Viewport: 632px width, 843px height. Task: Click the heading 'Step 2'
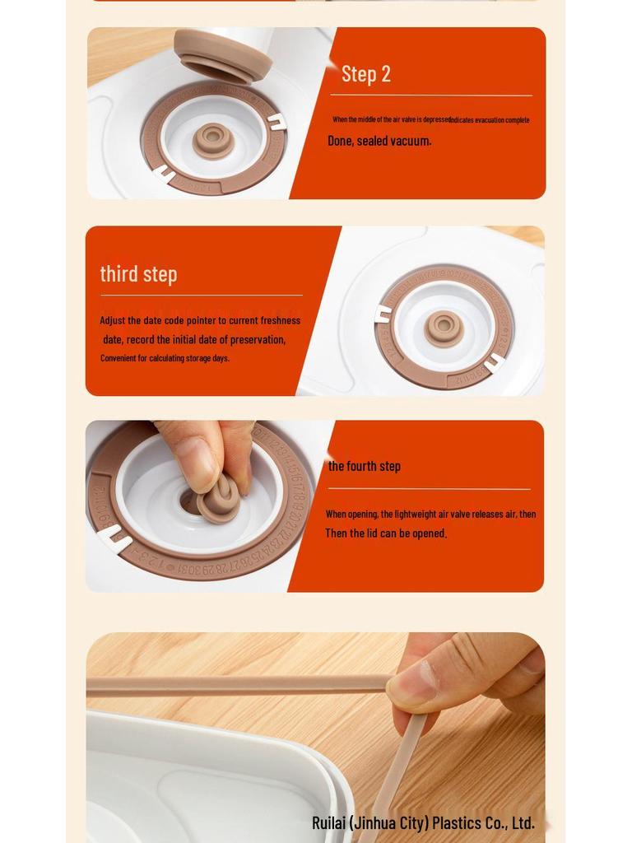coord(366,74)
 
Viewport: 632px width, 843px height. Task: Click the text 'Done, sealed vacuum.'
coord(379,141)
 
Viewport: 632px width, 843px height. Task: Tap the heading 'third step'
coord(138,274)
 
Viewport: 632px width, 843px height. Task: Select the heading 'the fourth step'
coord(365,466)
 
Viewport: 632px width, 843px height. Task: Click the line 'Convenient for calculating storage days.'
coord(165,358)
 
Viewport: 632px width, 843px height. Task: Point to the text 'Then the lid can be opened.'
coord(386,533)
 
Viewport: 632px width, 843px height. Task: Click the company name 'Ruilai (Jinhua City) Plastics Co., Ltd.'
coord(423,822)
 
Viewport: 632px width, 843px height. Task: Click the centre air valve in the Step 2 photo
coord(213,141)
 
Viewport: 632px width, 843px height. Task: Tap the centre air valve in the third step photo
coord(444,328)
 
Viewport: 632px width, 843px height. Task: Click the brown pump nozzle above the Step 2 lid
coord(223,54)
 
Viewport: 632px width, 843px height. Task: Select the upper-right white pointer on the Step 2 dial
coord(276,122)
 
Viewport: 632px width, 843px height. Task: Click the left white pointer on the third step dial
coord(383,314)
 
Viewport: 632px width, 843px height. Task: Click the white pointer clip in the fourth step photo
coord(114,539)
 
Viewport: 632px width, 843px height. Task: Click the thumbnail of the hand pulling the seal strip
coord(315,737)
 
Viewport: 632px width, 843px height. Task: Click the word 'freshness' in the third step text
coord(281,320)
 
